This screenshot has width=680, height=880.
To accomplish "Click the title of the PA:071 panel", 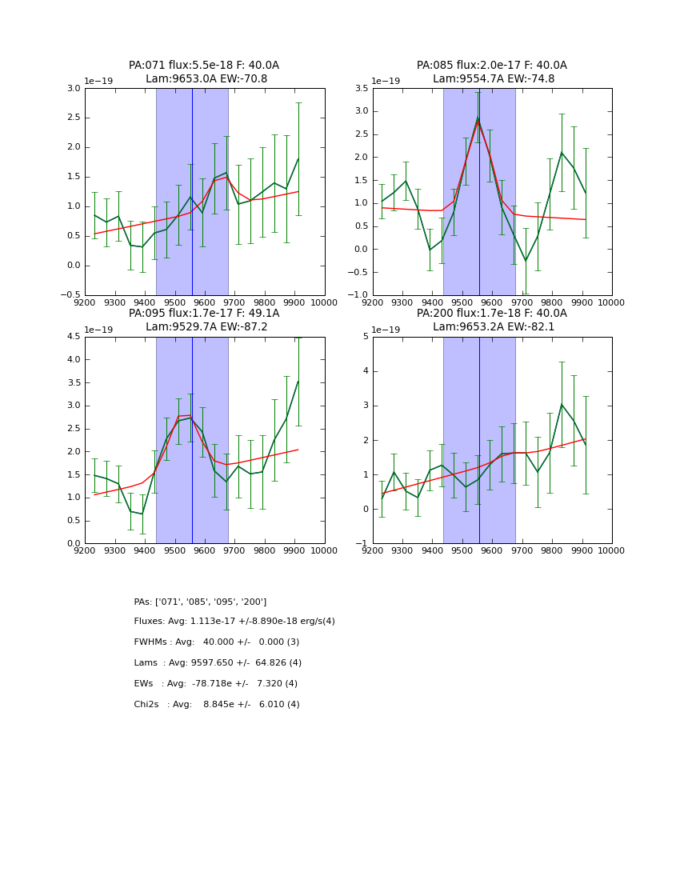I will pyautogui.click(x=204, y=72).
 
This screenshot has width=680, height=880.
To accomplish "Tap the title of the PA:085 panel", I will pyautogui.click(x=491, y=72).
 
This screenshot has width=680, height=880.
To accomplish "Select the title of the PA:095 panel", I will pyautogui.click(x=204, y=320).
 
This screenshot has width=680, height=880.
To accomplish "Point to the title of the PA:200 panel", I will pyautogui.click(x=491, y=320).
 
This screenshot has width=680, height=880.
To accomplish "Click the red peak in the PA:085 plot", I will pyautogui.click(x=478, y=120).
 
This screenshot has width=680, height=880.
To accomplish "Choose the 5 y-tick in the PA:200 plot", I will pyautogui.click(x=364, y=337).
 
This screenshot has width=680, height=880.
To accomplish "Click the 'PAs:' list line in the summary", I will pyautogui.click(x=200, y=602).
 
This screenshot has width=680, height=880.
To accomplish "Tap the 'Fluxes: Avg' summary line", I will pyautogui.click(x=234, y=622).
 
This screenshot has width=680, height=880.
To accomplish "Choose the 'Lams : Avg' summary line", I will pyautogui.click(x=218, y=663).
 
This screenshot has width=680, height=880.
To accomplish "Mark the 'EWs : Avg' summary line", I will pyautogui.click(x=216, y=684).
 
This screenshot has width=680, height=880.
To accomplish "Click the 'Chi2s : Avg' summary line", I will pyautogui.click(x=217, y=705).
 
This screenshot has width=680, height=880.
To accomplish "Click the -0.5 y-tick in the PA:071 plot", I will pyautogui.click(x=70, y=295).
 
